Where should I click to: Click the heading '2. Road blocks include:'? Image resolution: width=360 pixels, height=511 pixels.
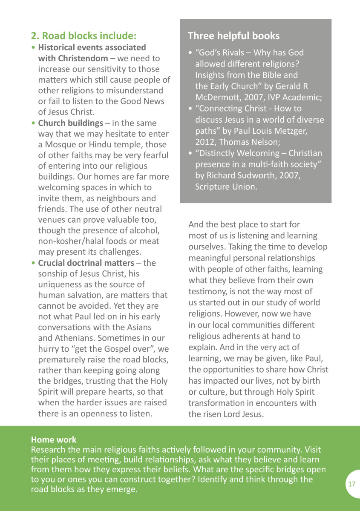point(84,35)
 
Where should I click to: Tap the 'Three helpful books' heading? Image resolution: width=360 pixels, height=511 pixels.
point(233,35)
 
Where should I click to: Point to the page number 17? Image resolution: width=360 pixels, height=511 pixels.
point(351,484)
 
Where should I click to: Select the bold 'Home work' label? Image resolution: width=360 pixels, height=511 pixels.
point(54,440)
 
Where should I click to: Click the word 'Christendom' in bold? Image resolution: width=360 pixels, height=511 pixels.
point(73,58)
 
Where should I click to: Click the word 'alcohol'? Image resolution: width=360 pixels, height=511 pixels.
point(144,231)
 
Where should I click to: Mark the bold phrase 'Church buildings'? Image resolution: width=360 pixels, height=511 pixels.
point(70,123)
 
